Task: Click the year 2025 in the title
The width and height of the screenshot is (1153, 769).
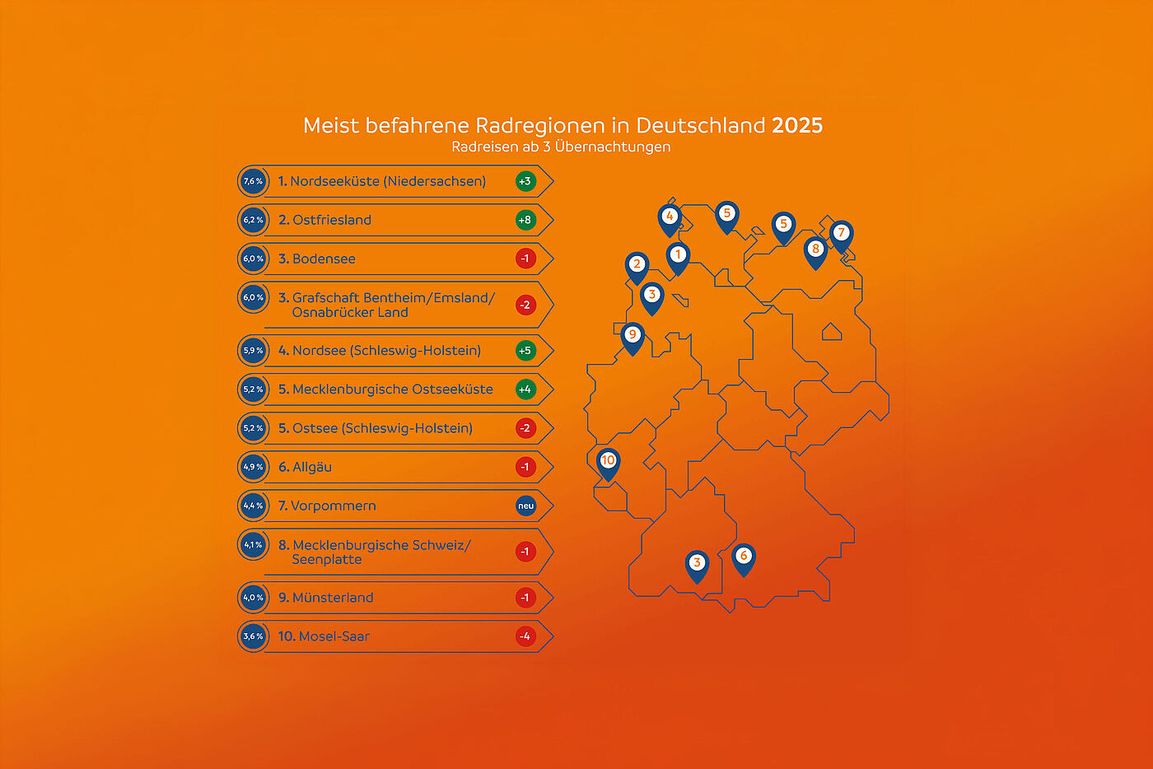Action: click(796, 125)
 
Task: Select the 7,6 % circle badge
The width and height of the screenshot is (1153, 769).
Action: click(253, 181)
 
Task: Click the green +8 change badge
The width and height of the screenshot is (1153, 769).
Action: click(525, 220)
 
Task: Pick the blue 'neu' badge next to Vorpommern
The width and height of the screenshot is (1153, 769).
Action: click(525, 506)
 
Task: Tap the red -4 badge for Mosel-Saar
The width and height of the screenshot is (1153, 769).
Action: click(525, 636)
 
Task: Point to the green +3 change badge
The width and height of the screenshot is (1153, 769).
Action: click(525, 181)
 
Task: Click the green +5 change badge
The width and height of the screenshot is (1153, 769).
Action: click(525, 351)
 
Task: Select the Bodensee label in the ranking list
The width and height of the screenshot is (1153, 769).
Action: click(323, 259)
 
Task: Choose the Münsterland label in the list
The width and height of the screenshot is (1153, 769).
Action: click(332, 598)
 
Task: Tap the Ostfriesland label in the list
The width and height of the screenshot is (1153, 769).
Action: click(331, 220)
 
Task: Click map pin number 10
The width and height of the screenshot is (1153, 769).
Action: click(608, 462)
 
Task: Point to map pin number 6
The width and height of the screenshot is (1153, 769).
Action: click(743, 557)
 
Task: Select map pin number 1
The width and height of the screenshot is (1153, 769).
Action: click(677, 256)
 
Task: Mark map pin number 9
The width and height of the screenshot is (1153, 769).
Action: click(632, 336)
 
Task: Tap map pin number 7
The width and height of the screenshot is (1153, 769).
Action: click(840, 235)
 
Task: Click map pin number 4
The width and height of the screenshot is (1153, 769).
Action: click(669, 218)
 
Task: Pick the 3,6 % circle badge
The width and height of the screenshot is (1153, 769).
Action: click(253, 636)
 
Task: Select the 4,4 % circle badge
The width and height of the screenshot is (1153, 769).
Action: click(253, 506)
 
